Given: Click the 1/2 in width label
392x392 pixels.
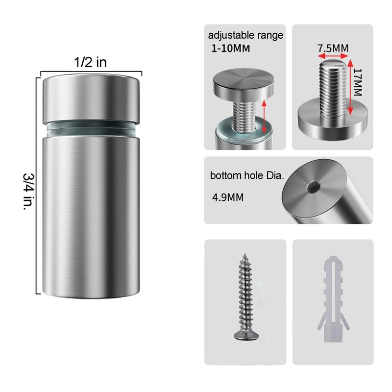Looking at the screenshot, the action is point(90,62).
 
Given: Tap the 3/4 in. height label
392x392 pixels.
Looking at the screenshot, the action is point(28,192).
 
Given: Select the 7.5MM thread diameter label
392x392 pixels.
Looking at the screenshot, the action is point(333,48).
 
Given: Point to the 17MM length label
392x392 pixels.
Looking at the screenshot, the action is point(358,82).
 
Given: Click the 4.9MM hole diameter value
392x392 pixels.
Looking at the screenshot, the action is point(228,197).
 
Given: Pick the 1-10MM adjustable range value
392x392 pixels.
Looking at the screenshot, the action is point(230,48).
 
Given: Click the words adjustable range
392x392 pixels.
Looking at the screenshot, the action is point(245,35).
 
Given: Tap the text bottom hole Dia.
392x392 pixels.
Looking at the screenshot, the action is point(247,175).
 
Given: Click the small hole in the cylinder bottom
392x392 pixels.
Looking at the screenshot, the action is point(314,187).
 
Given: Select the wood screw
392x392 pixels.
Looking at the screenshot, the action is point(245,297).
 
